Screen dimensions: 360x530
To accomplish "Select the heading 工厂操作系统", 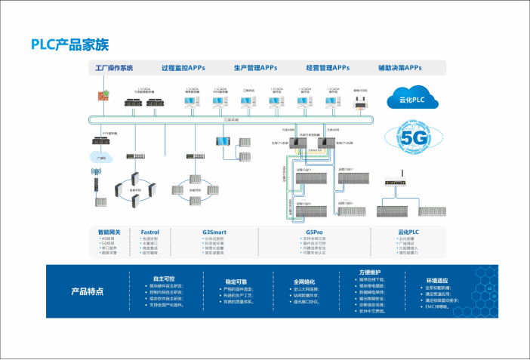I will (114, 68).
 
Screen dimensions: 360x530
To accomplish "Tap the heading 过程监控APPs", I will (183, 68).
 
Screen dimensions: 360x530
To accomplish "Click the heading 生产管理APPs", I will (254, 68).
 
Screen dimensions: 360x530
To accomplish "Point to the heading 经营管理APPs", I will (328, 68).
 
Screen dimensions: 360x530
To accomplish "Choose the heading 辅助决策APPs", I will (400, 68).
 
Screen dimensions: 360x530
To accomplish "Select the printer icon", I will (360, 100).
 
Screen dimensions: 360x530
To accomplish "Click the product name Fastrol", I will (150, 232).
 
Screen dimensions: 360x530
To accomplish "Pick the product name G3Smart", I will (215, 232).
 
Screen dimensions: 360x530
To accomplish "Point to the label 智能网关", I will (109, 232).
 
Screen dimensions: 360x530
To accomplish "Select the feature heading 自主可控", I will (163, 278).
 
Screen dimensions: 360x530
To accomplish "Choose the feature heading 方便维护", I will (370, 272).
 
